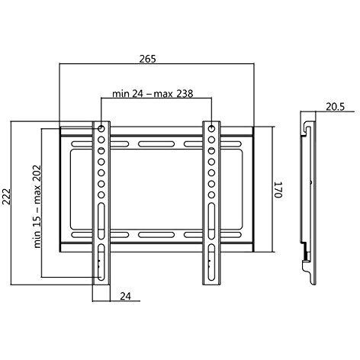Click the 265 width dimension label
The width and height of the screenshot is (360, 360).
point(147,59)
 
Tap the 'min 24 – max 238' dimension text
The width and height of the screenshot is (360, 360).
point(153,94)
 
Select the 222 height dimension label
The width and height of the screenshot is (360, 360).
point(6,196)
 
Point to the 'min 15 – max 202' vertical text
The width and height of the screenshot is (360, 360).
point(37,207)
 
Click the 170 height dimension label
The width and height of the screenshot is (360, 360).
point(278,189)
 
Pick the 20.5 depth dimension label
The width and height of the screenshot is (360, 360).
point(336,107)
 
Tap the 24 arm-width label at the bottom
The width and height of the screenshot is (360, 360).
point(125,296)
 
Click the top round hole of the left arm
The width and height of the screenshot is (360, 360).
point(101,129)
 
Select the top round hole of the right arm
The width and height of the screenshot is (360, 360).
point(211,129)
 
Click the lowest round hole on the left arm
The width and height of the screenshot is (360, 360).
point(101,195)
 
